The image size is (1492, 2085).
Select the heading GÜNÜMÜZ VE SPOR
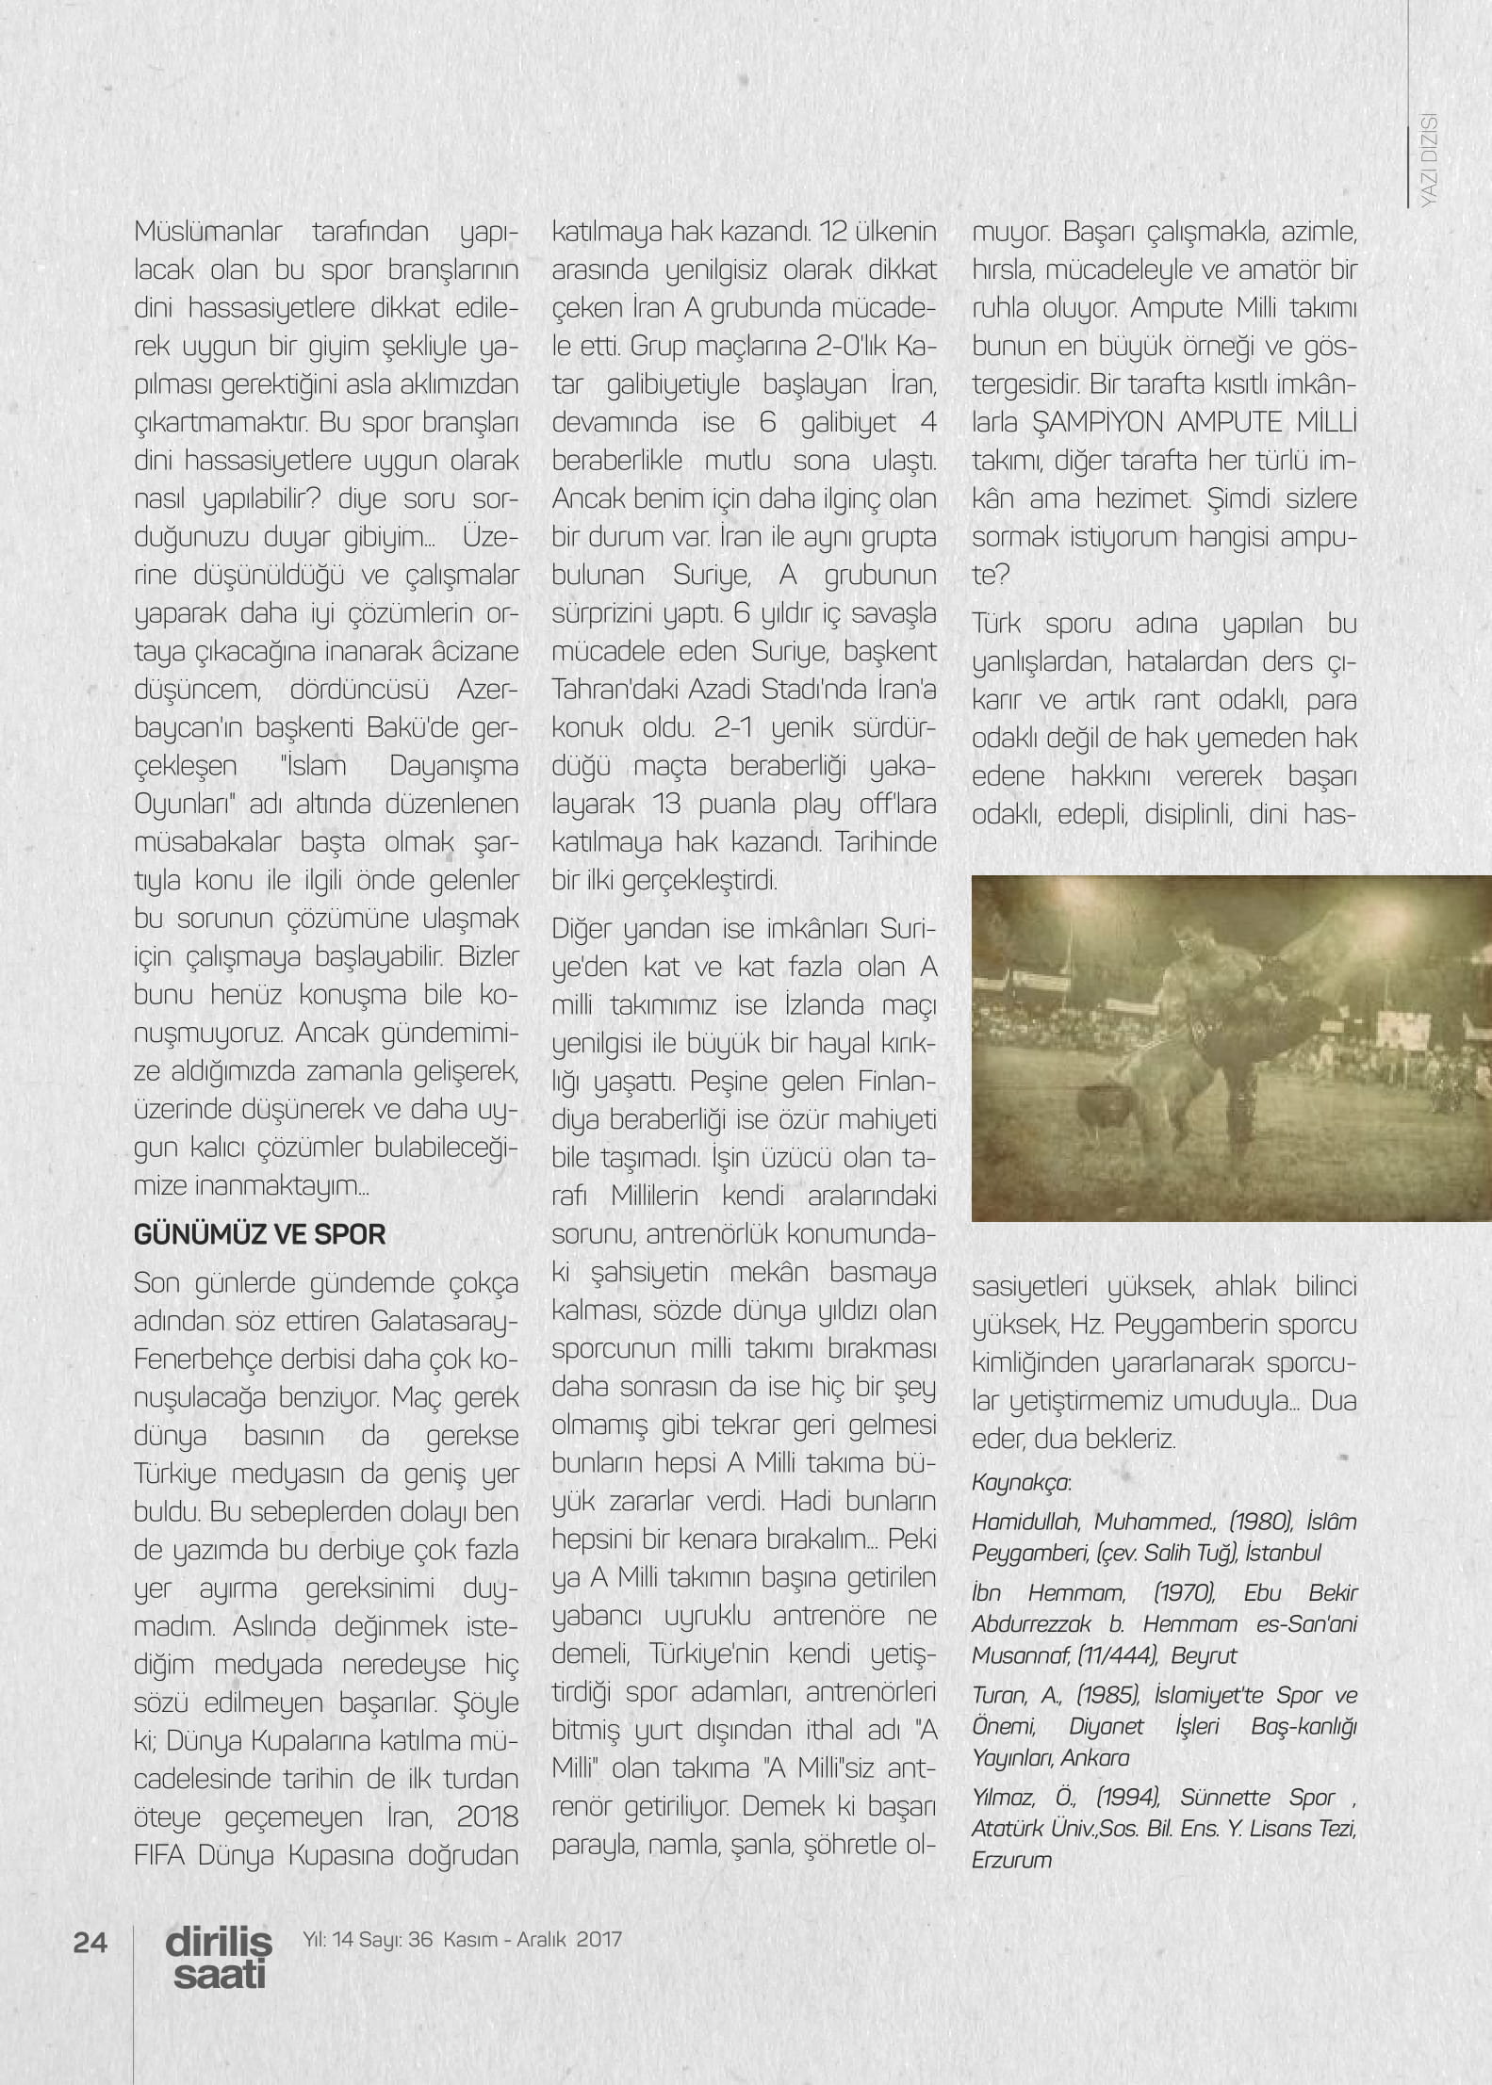pos(260,1234)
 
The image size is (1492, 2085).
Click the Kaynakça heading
pos(1021,1482)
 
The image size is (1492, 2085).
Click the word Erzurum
pos(1011,1860)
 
